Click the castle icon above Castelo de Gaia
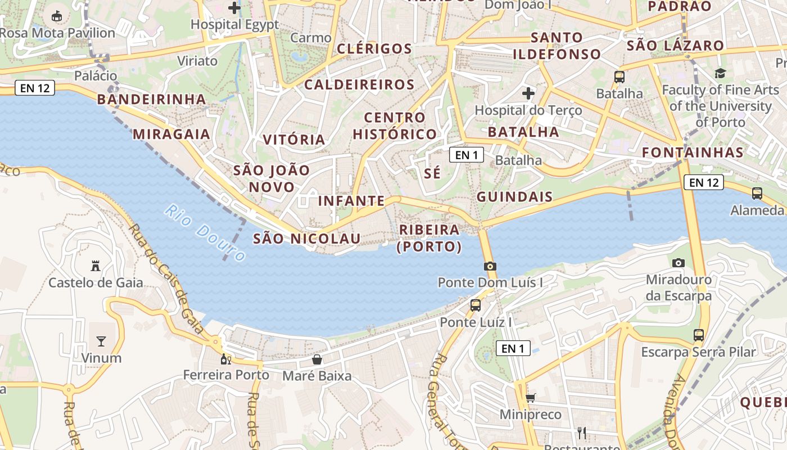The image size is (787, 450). [96, 265]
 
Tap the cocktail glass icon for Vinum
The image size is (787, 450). [101, 341]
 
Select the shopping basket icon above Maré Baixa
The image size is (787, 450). [317, 359]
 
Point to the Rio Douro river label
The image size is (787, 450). [205, 233]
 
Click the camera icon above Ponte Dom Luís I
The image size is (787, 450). [490, 266]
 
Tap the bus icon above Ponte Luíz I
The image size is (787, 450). [476, 305]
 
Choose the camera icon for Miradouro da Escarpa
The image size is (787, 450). [679, 263]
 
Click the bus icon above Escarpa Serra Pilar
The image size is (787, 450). [699, 335]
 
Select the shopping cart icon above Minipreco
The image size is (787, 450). [530, 398]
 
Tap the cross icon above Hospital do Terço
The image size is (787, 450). [528, 93]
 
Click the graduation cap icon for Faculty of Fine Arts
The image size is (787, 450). [720, 73]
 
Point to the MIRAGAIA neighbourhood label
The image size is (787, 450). [171, 134]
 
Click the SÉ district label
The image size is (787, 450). [432, 173]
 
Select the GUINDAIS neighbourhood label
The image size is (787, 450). [515, 197]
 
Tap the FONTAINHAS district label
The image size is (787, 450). [693, 152]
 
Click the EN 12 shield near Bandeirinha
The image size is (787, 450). [35, 88]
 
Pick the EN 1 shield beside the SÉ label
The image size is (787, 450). [467, 155]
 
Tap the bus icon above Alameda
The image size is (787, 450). [757, 193]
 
